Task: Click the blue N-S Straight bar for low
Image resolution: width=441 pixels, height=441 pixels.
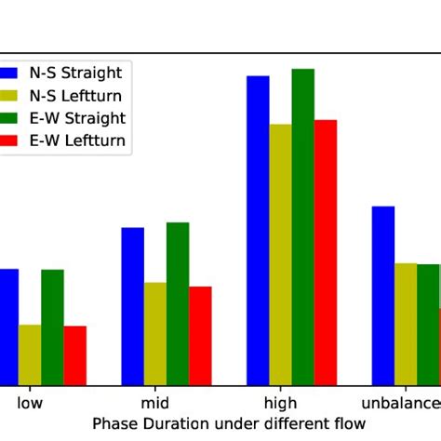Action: click(8, 327)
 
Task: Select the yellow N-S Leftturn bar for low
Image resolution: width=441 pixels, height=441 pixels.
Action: click(30, 354)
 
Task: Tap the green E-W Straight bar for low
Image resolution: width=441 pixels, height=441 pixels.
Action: click(52, 327)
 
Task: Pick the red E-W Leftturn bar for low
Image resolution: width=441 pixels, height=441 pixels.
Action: click(74, 355)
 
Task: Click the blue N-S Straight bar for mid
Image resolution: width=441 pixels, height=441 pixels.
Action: click(132, 306)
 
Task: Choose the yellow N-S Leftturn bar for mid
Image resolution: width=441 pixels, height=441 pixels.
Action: click(155, 334)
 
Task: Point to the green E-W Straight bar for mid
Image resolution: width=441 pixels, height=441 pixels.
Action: click(178, 303)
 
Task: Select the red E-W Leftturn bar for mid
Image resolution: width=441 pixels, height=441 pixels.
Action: click(200, 336)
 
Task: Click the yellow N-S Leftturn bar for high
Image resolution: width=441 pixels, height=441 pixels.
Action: click(280, 255)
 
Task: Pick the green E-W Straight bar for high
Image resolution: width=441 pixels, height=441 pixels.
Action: click(302, 227)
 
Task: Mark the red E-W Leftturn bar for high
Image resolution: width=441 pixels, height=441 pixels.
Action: click(326, 252)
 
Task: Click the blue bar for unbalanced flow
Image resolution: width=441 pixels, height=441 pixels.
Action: click(382, 296)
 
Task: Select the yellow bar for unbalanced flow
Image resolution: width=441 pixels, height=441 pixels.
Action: click(406, 325)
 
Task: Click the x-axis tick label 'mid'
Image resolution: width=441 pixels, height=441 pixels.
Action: click(154, 404)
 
